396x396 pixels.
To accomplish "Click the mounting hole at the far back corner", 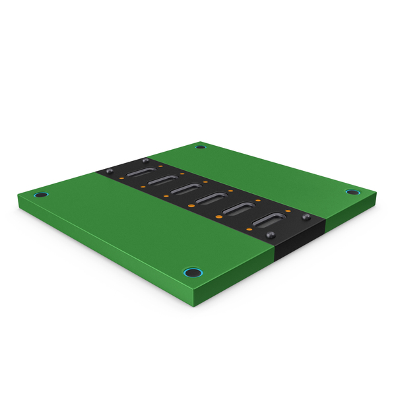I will tap(201, 147).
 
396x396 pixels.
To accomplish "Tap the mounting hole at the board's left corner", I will tap(42, 195).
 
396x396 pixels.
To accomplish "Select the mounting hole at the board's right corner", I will tap(351, 192).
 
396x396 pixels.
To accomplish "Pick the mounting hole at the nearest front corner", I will tap(191, 272).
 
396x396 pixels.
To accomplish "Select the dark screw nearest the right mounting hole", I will tap(306, 216).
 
